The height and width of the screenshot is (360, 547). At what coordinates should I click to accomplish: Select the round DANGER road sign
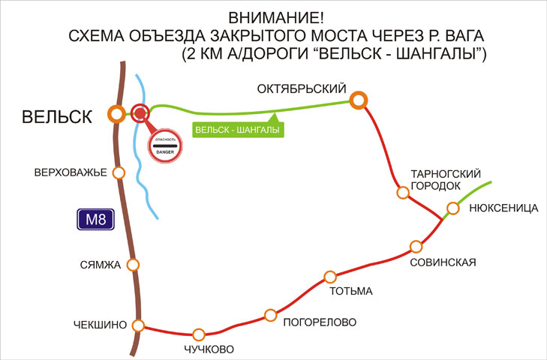(x=165, y=145)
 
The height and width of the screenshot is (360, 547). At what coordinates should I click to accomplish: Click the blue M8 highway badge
(x=95, y=220)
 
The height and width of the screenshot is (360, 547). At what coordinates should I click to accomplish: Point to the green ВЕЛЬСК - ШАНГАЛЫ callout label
(x=238, y=130)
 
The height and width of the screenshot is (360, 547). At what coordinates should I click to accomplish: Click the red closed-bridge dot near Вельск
(x=140, y=113)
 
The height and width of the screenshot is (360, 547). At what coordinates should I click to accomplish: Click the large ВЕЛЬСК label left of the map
(x=57, y=116)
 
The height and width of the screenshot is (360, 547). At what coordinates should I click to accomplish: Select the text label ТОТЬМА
(x=351, y=291)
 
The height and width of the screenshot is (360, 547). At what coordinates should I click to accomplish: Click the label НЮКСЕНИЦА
(x=503, y=208)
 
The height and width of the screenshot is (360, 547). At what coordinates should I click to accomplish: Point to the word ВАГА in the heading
(x=462, y=36)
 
